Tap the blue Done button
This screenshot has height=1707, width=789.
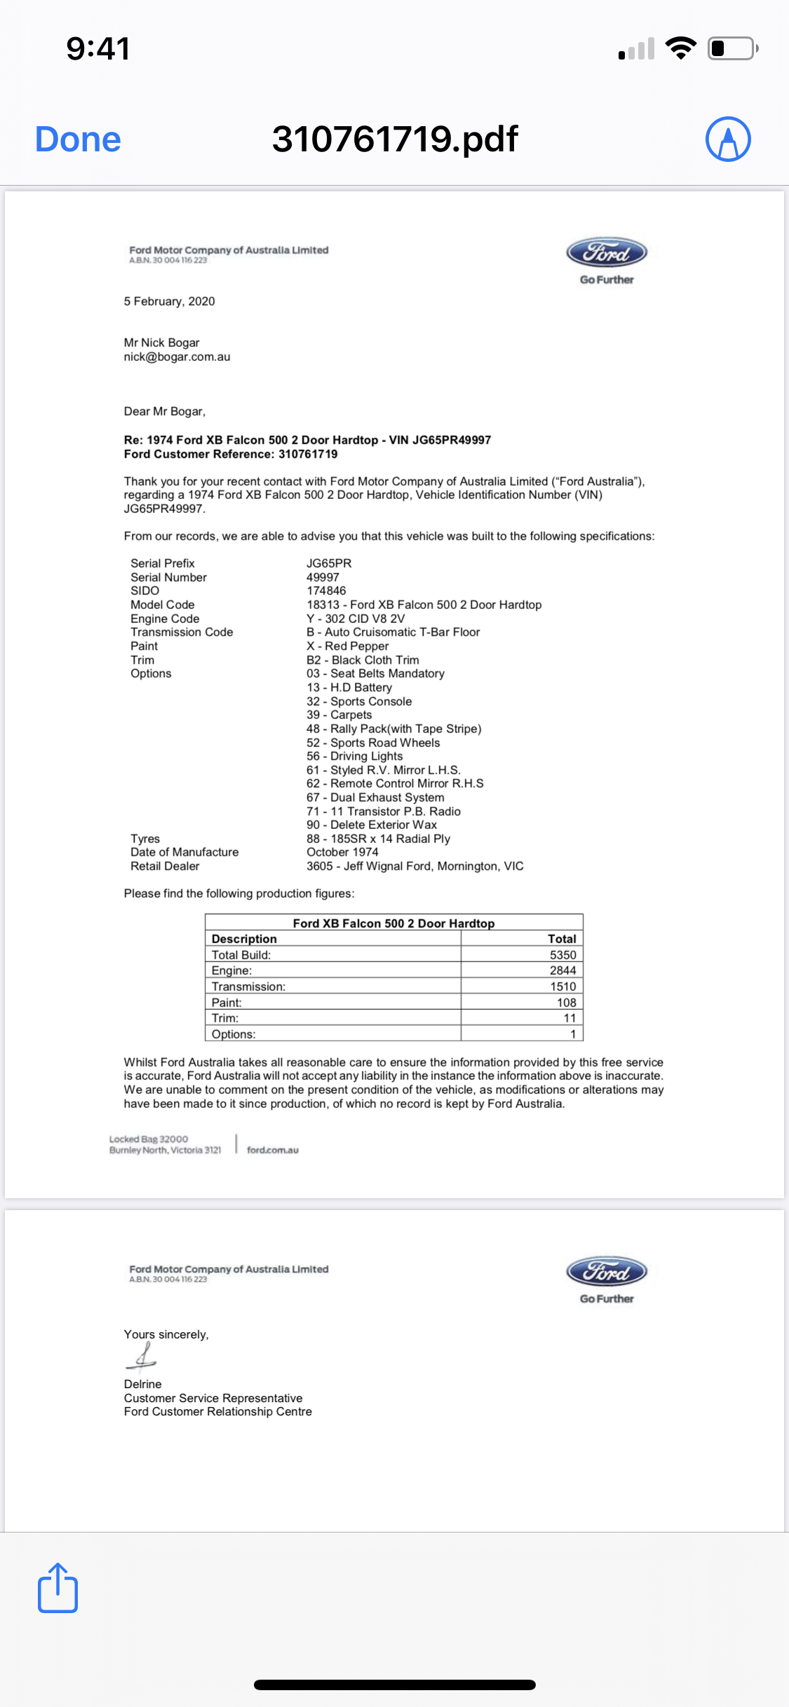78,139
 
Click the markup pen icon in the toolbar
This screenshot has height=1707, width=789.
728,139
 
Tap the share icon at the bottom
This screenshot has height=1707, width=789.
58,1588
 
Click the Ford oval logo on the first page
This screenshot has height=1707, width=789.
607,252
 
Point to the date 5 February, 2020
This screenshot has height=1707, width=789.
169,301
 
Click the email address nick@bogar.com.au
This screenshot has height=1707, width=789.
177,357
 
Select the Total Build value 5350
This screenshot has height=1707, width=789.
562,955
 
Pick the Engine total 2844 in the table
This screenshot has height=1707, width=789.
562,971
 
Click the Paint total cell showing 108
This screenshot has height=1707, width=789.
566,1003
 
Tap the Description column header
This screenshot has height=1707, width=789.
244,939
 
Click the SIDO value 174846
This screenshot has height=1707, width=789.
326,591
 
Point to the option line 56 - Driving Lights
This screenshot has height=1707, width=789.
354,756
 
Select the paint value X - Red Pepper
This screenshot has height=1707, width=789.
347,646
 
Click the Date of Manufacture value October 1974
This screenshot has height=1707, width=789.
342,852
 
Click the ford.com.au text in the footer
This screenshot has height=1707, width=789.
272,1150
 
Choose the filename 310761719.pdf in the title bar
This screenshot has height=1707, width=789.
395,139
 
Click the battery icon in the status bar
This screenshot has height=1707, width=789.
732,48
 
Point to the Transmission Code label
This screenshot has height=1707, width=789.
182,632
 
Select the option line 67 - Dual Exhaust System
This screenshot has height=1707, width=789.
375,797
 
